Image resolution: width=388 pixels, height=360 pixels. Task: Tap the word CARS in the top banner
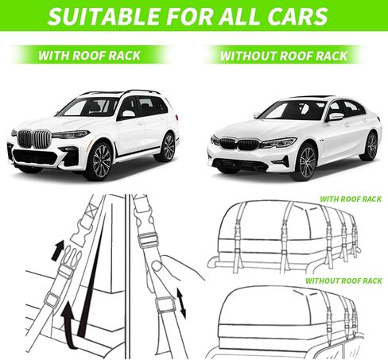(x=297, y=16)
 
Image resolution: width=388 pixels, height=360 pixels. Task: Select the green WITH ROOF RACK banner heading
(x=89, y=56)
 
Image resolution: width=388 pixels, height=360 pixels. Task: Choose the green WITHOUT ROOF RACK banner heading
(x=283, y=56)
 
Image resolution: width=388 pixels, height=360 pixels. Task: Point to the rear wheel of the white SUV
(x=168, y=147)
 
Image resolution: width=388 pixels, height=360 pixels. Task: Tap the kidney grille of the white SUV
(x=34, y=138)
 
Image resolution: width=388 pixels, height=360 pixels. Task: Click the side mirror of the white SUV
(x=128, y=114)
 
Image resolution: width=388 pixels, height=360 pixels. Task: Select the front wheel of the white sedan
(x=307, y=161)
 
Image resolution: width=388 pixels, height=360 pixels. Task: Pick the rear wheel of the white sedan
(x=371, y=146)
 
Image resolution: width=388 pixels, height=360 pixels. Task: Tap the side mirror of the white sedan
(x=336, y=117)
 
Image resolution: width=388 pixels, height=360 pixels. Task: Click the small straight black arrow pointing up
(x=58, y=251)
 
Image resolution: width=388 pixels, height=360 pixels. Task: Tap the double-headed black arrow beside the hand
(x=181, y=304)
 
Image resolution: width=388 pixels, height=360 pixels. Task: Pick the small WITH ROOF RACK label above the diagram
(x=351, y=199)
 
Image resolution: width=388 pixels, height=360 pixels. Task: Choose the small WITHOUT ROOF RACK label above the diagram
(x=343, y=281)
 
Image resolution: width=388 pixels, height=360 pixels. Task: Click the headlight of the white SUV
(x=71, y=135)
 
